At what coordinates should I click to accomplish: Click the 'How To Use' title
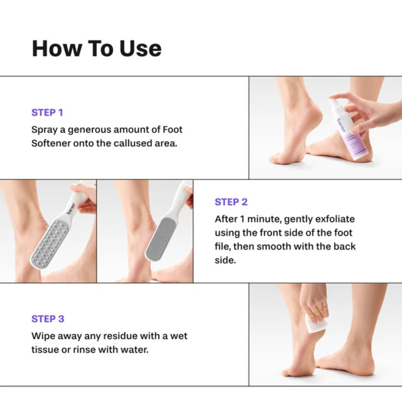click(96, 48)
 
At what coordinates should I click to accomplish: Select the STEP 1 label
click(47, 113)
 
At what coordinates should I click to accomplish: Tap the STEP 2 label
click(231, 202)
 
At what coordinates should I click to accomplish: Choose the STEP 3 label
click(48, 319)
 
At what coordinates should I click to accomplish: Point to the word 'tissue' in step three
click(45, 349)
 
